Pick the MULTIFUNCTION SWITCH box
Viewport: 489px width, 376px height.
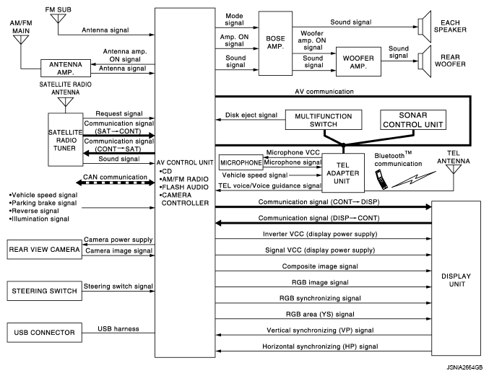(x=325, y=121)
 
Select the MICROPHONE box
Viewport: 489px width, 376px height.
(x=241, y=163)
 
